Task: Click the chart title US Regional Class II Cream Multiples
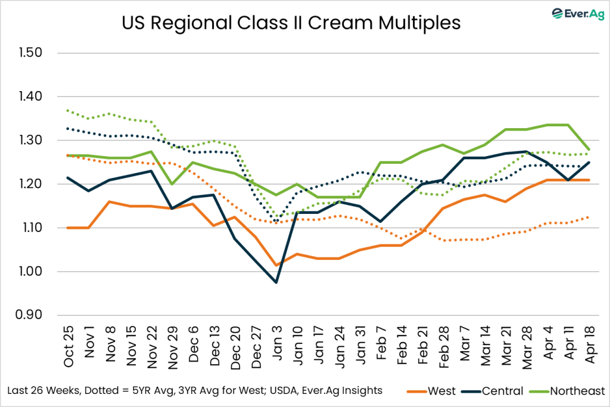coord(291,23)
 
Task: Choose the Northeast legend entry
coord(569,391)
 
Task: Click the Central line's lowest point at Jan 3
coord(276,282)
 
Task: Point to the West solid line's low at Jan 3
coord(276,265)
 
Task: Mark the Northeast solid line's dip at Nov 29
coord(173,184)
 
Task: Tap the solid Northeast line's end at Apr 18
coord(589,150)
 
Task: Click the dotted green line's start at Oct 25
coord(69,110)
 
